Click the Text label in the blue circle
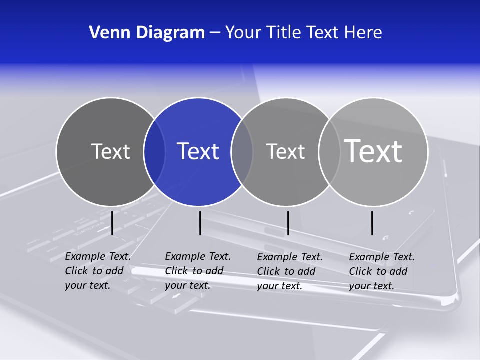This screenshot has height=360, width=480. [x=198, y=151]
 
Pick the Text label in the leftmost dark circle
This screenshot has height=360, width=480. [x=110, y=151]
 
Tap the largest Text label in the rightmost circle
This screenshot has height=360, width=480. [x=373, y=151]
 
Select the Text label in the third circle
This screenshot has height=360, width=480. [x=285, y=151]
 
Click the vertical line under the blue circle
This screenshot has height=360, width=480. [x=200, y=223]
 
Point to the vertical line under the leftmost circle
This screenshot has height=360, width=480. [x=112, y=223]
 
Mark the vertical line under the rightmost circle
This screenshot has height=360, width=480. [x=372, y=223]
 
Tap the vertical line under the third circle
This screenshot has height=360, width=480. [x=288, y=223]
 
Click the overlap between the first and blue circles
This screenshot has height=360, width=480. [x=154, y=151]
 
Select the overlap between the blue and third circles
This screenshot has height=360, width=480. [x=242, y=151]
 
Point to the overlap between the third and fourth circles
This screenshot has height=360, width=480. [x=329, y=151]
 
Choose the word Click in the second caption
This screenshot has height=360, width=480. [x=176, y=271]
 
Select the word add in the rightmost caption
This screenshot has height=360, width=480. [x=398, y=271]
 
